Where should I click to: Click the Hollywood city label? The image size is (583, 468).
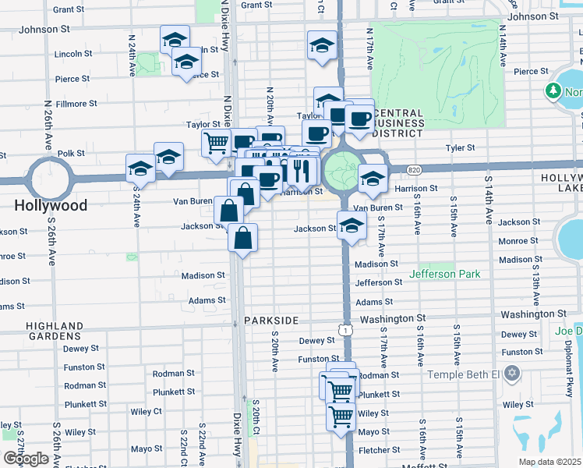pos(51,206)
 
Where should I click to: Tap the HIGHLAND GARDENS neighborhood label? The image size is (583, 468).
pos(54,331)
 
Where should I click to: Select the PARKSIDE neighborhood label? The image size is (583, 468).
pos(271,321)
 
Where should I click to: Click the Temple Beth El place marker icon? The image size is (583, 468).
pos(512,374)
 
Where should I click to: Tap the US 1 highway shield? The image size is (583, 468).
pos(344,331)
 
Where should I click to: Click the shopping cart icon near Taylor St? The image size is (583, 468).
pos(216,143)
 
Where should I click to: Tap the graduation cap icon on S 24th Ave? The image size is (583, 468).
pos(141,168)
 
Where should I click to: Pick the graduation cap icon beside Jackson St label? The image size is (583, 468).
pos(352,226)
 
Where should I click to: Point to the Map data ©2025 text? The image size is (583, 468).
pos(550,462)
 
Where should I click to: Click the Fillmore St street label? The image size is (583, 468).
pos(76,103)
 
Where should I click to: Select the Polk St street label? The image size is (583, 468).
pos(71,154)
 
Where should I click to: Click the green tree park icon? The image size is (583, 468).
pos(554,92)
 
